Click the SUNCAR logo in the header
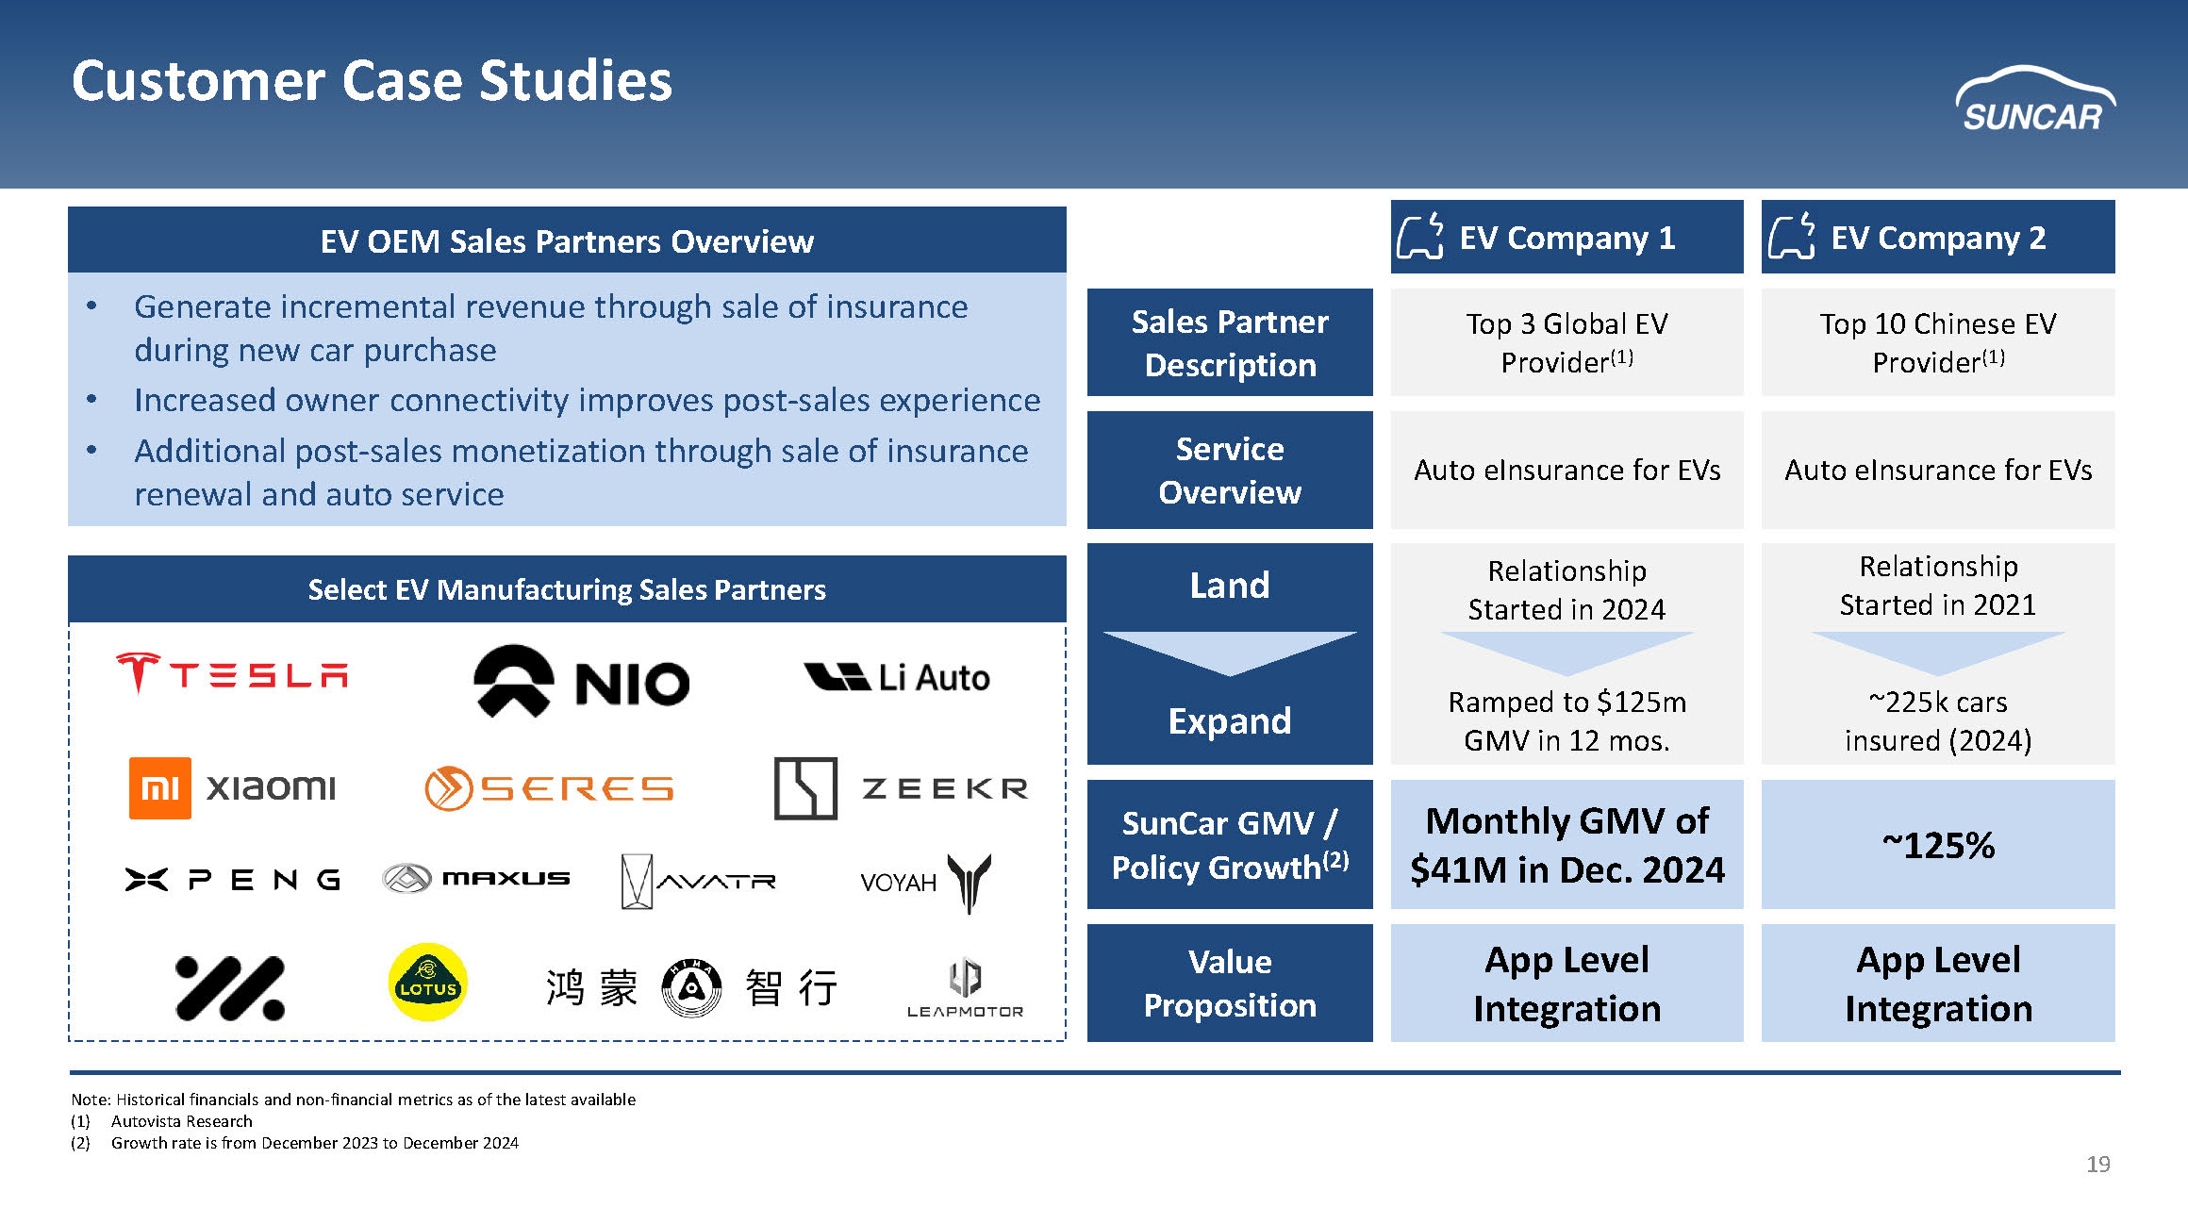[x=2034, y=100]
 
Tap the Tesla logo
[x=232, y=673]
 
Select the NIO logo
[x=581, y=681]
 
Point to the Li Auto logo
[x=897, y=677]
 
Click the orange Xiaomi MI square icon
[x=159, y=787]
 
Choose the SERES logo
[x=549, y=788]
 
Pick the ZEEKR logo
[x=900, y=788]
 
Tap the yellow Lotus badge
[x=427, y=983]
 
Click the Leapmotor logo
[x=965, y=987]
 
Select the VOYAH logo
[x=925, y=883]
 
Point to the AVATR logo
[x=698, y=881]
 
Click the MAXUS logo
[x=476, y=879]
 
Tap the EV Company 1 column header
[x=1566, y=238]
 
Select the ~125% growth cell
[x=1938, y=845]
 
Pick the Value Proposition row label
[x=1230, y=984]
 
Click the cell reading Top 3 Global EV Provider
[x=1566, y=342]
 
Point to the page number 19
[x=2097, y=1165]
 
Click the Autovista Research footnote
[x=181, y=1121]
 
